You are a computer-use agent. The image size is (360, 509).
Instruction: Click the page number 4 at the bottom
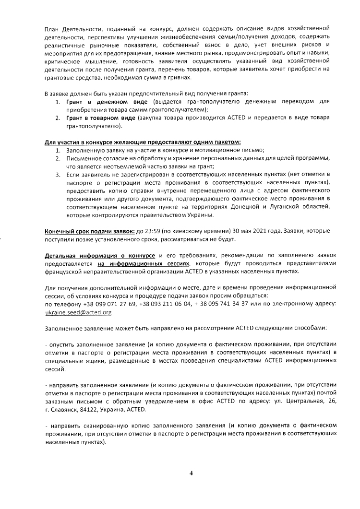pos(191,473)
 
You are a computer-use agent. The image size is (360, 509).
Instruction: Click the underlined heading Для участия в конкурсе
pos(143,142)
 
